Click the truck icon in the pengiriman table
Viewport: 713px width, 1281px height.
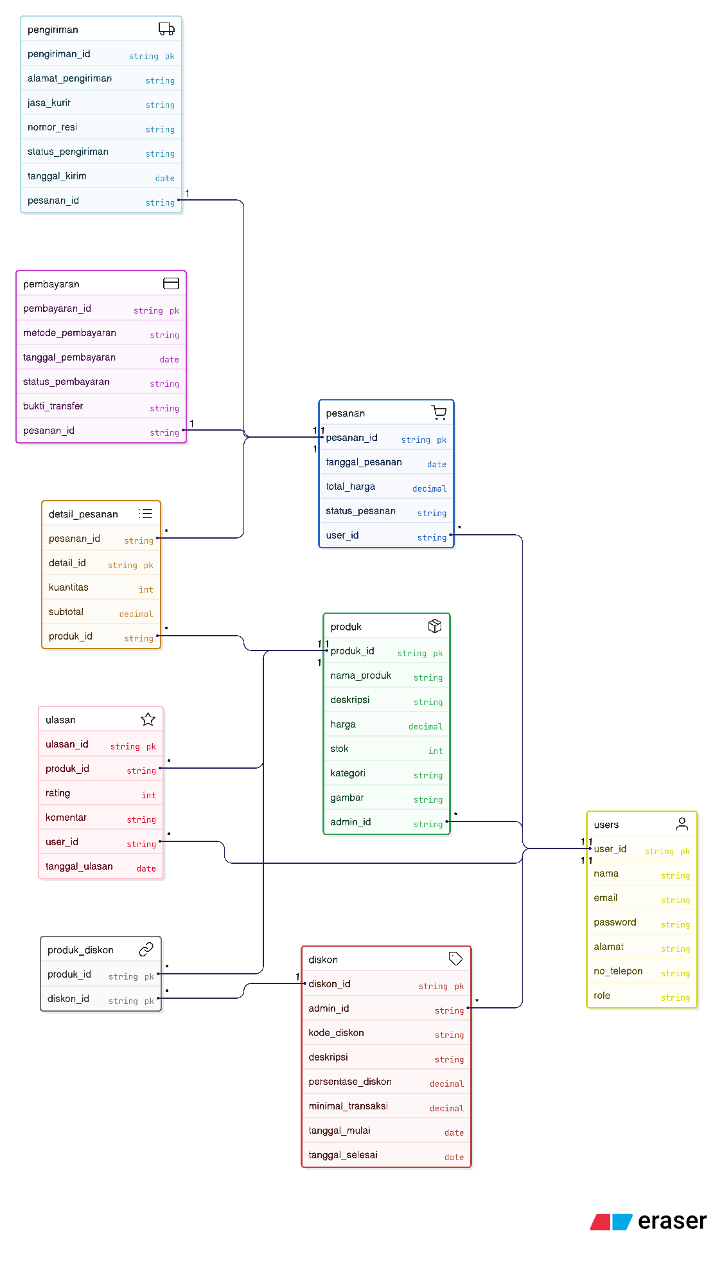click(166, 29)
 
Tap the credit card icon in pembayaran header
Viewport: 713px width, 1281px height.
click(171, 283)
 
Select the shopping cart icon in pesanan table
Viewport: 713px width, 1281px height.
click(439, 413)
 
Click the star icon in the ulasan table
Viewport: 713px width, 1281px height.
click(148, 719)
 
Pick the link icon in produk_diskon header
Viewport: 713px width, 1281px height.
click(146, 949)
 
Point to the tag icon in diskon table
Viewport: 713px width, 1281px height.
click(455, 959)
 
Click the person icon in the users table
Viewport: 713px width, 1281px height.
click(682, 824)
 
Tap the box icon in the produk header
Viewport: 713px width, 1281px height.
click(435, 626)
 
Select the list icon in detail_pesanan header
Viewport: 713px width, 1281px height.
click(146, 514)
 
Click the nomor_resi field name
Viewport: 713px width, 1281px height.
click(52, 127)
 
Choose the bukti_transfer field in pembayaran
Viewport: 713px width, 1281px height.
click(53, 406)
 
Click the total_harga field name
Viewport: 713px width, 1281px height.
click(350, 487)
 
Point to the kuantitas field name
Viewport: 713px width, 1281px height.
click(69, 587)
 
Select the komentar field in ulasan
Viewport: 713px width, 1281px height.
click(66, 818)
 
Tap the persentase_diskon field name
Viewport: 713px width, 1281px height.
click(350, 1082)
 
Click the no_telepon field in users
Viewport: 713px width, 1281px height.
click(618, 971)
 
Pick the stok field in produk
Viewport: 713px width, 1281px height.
click(339, 749)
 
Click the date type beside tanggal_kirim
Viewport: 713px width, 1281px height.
click(164, 178)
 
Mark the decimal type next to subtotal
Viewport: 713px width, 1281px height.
click(136, 614)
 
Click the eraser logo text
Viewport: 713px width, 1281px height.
click(672, 1221)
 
